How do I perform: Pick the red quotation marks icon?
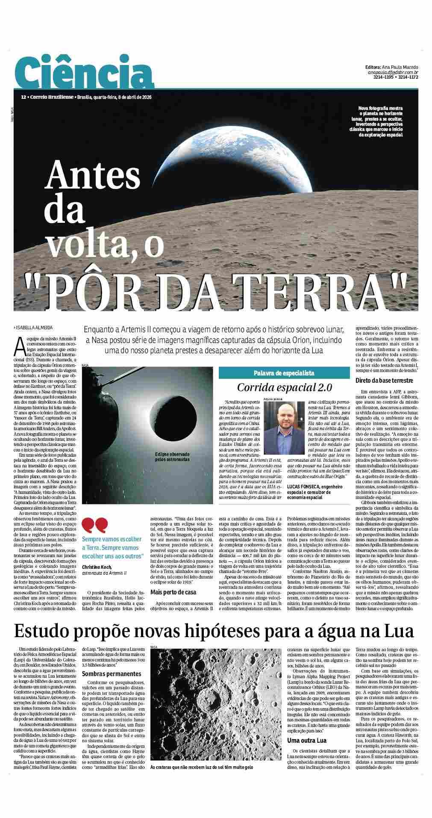click(95, 524)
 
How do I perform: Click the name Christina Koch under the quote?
click(97, 566)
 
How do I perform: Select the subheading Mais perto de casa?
click(173, 592)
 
